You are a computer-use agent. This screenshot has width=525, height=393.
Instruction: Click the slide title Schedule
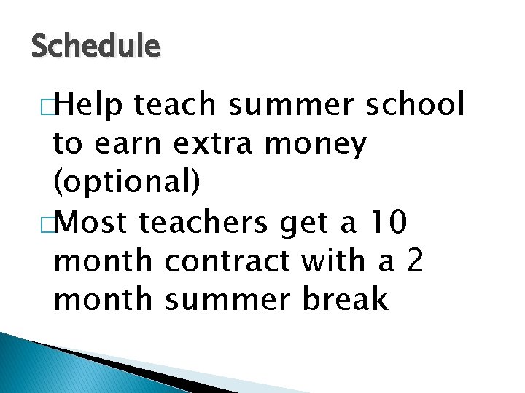(x=96, y=47)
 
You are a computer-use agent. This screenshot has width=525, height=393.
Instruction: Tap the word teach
(x=174, y=105)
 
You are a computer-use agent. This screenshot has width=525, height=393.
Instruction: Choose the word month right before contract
(x=104, y=261)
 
